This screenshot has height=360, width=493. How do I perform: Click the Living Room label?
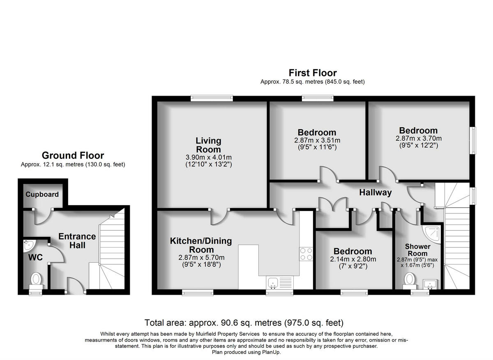[208, 145]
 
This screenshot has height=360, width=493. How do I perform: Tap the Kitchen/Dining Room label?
[201, 245]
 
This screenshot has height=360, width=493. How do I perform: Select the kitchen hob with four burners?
[306, 254]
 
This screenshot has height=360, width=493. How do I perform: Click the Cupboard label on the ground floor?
[42, 195]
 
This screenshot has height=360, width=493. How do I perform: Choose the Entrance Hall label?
[77, 241]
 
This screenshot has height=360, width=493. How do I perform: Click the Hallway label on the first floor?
[375, 193]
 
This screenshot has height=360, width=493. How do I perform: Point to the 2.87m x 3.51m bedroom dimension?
[317, 140]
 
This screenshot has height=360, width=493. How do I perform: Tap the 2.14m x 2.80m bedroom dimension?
[352, 259]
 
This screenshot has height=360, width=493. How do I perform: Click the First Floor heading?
[312, 73]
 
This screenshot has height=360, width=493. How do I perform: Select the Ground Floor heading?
[73, 156]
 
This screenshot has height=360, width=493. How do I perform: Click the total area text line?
[244, 323]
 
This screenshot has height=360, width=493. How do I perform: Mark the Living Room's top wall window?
[212, 99]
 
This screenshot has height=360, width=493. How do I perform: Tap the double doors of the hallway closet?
[333, 205]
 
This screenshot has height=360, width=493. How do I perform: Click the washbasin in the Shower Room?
[430, 283]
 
